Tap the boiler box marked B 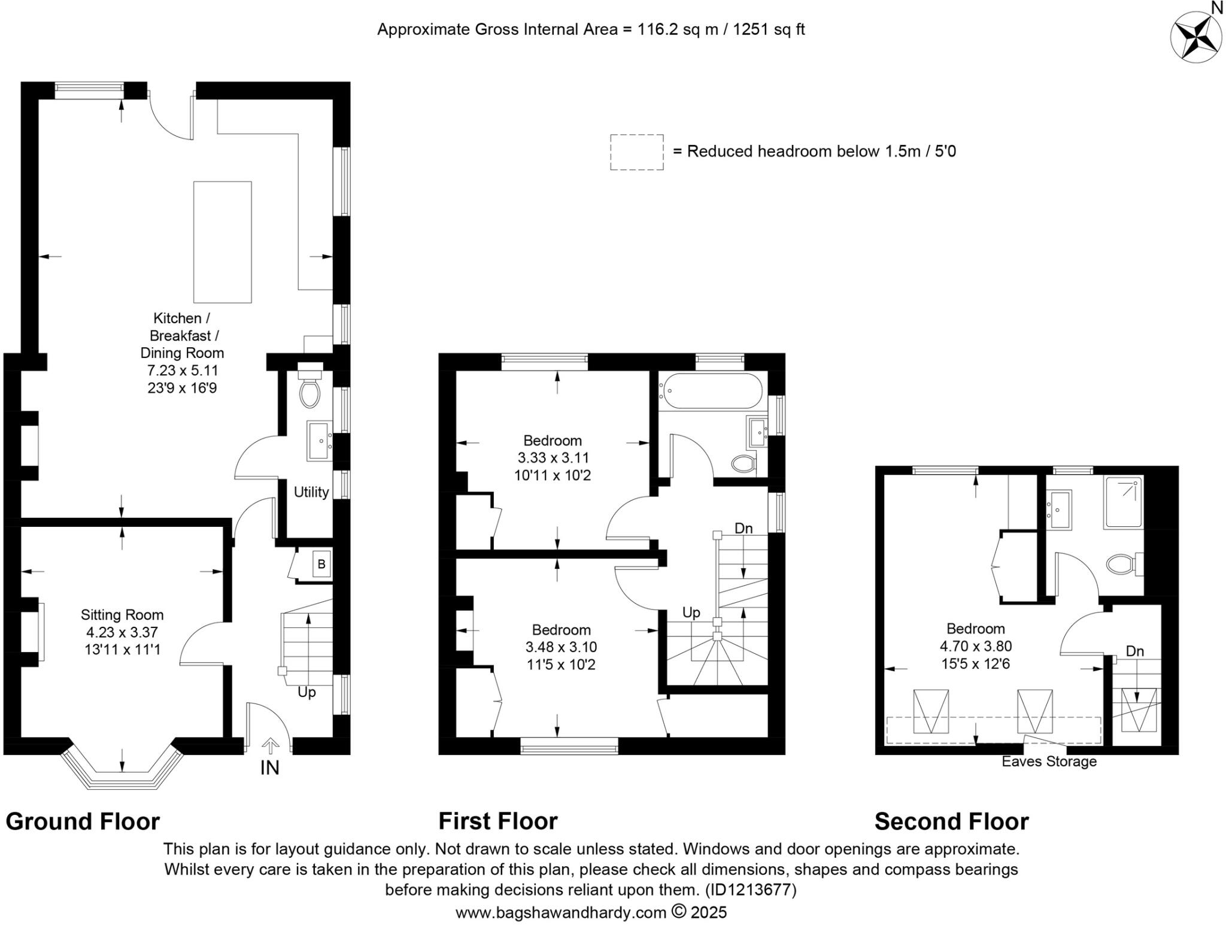tap(321, 564)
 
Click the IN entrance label tap(269, 768)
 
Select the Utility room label tap(311, 492)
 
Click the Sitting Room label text tap(122, 615)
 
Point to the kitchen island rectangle tap(222, 242)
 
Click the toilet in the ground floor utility tap(309, 395)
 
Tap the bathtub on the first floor tap(710, 392)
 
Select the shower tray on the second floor tap(1124, 502)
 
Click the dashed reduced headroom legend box tap(636, 152)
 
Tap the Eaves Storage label tap(1049, 762)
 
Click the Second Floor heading tap(951, 821)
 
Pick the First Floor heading tap(497, 821)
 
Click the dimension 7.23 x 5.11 tap(183, 371)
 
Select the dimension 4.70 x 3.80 tap(975, 646)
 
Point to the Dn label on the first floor tap(743, 528)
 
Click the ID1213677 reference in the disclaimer tap(750, 890)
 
